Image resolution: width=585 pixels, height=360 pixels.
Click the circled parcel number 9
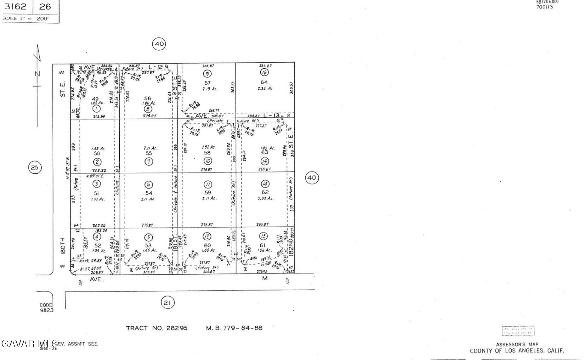coord(207,74)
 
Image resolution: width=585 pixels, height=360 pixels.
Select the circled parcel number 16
coord(264,73)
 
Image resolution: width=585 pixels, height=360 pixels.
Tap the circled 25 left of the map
coord(35,167)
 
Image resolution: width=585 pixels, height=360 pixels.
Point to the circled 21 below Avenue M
coord(167,303)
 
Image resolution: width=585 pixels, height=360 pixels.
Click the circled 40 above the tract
coord(159,44)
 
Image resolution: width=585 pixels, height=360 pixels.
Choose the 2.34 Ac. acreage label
coord(265,89)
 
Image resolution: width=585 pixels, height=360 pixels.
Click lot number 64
coord(264,82)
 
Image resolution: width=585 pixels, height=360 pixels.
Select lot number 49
coord(95,99)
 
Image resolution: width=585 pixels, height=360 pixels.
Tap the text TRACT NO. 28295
coord(156,328)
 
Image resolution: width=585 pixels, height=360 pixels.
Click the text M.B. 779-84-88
coord(234,328)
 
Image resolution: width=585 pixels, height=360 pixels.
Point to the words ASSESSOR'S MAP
coord(517,345)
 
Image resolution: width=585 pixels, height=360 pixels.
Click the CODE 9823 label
coord(46,307)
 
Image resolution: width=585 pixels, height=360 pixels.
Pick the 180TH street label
coord(63,246)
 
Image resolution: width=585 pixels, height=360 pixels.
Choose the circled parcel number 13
coord(263,236)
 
